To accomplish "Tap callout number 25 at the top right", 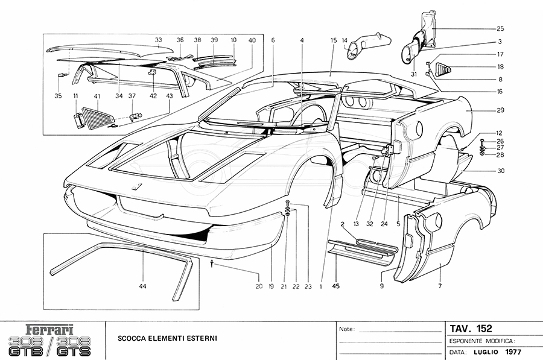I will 500,29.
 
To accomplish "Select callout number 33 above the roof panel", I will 158,40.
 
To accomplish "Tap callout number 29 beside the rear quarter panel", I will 500,110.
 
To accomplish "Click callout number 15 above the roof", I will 332,40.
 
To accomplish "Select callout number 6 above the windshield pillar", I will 273,40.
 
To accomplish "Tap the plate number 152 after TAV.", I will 483,329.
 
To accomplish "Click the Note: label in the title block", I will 348,330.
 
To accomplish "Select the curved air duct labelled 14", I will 363,48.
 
